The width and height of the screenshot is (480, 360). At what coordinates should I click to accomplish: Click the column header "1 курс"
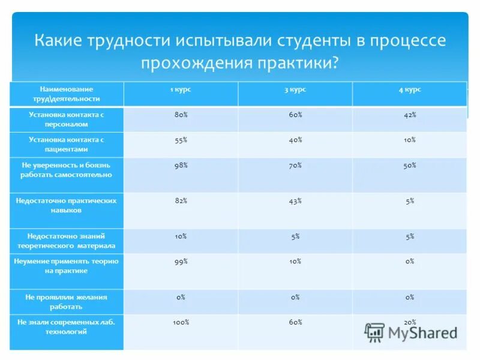coord(181,89)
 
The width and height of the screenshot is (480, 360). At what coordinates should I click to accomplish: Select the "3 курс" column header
coord(295,89)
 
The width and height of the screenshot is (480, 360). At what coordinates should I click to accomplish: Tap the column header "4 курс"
coord(410,89)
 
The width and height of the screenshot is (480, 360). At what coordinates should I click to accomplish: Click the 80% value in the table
coord(181,114)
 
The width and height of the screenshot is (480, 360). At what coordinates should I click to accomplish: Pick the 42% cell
coord(410,114)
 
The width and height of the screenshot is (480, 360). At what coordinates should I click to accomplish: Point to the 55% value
coord(181,139)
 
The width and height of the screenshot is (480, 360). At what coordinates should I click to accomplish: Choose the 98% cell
coord(181,164)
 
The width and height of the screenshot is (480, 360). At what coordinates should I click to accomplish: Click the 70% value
coord(295,164)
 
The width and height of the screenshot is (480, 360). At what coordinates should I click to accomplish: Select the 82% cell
coord(181,201)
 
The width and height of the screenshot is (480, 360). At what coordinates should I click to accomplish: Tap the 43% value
coord(295,201)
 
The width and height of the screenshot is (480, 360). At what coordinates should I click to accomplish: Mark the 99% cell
coord(181,262)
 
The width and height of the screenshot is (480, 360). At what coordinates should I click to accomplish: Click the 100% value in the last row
coord(181,322)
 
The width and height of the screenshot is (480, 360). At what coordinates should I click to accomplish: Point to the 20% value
coord(410,322)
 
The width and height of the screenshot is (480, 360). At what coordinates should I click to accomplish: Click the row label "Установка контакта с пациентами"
coord(67,144)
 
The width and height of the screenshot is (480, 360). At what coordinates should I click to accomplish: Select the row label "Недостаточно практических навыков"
coord(67,206)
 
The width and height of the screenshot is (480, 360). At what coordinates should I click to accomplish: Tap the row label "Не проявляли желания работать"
coord(67,301)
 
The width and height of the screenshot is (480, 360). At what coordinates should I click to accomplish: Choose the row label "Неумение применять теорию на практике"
coord(67,266)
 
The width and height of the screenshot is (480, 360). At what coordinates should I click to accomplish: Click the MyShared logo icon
coord(375,332)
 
